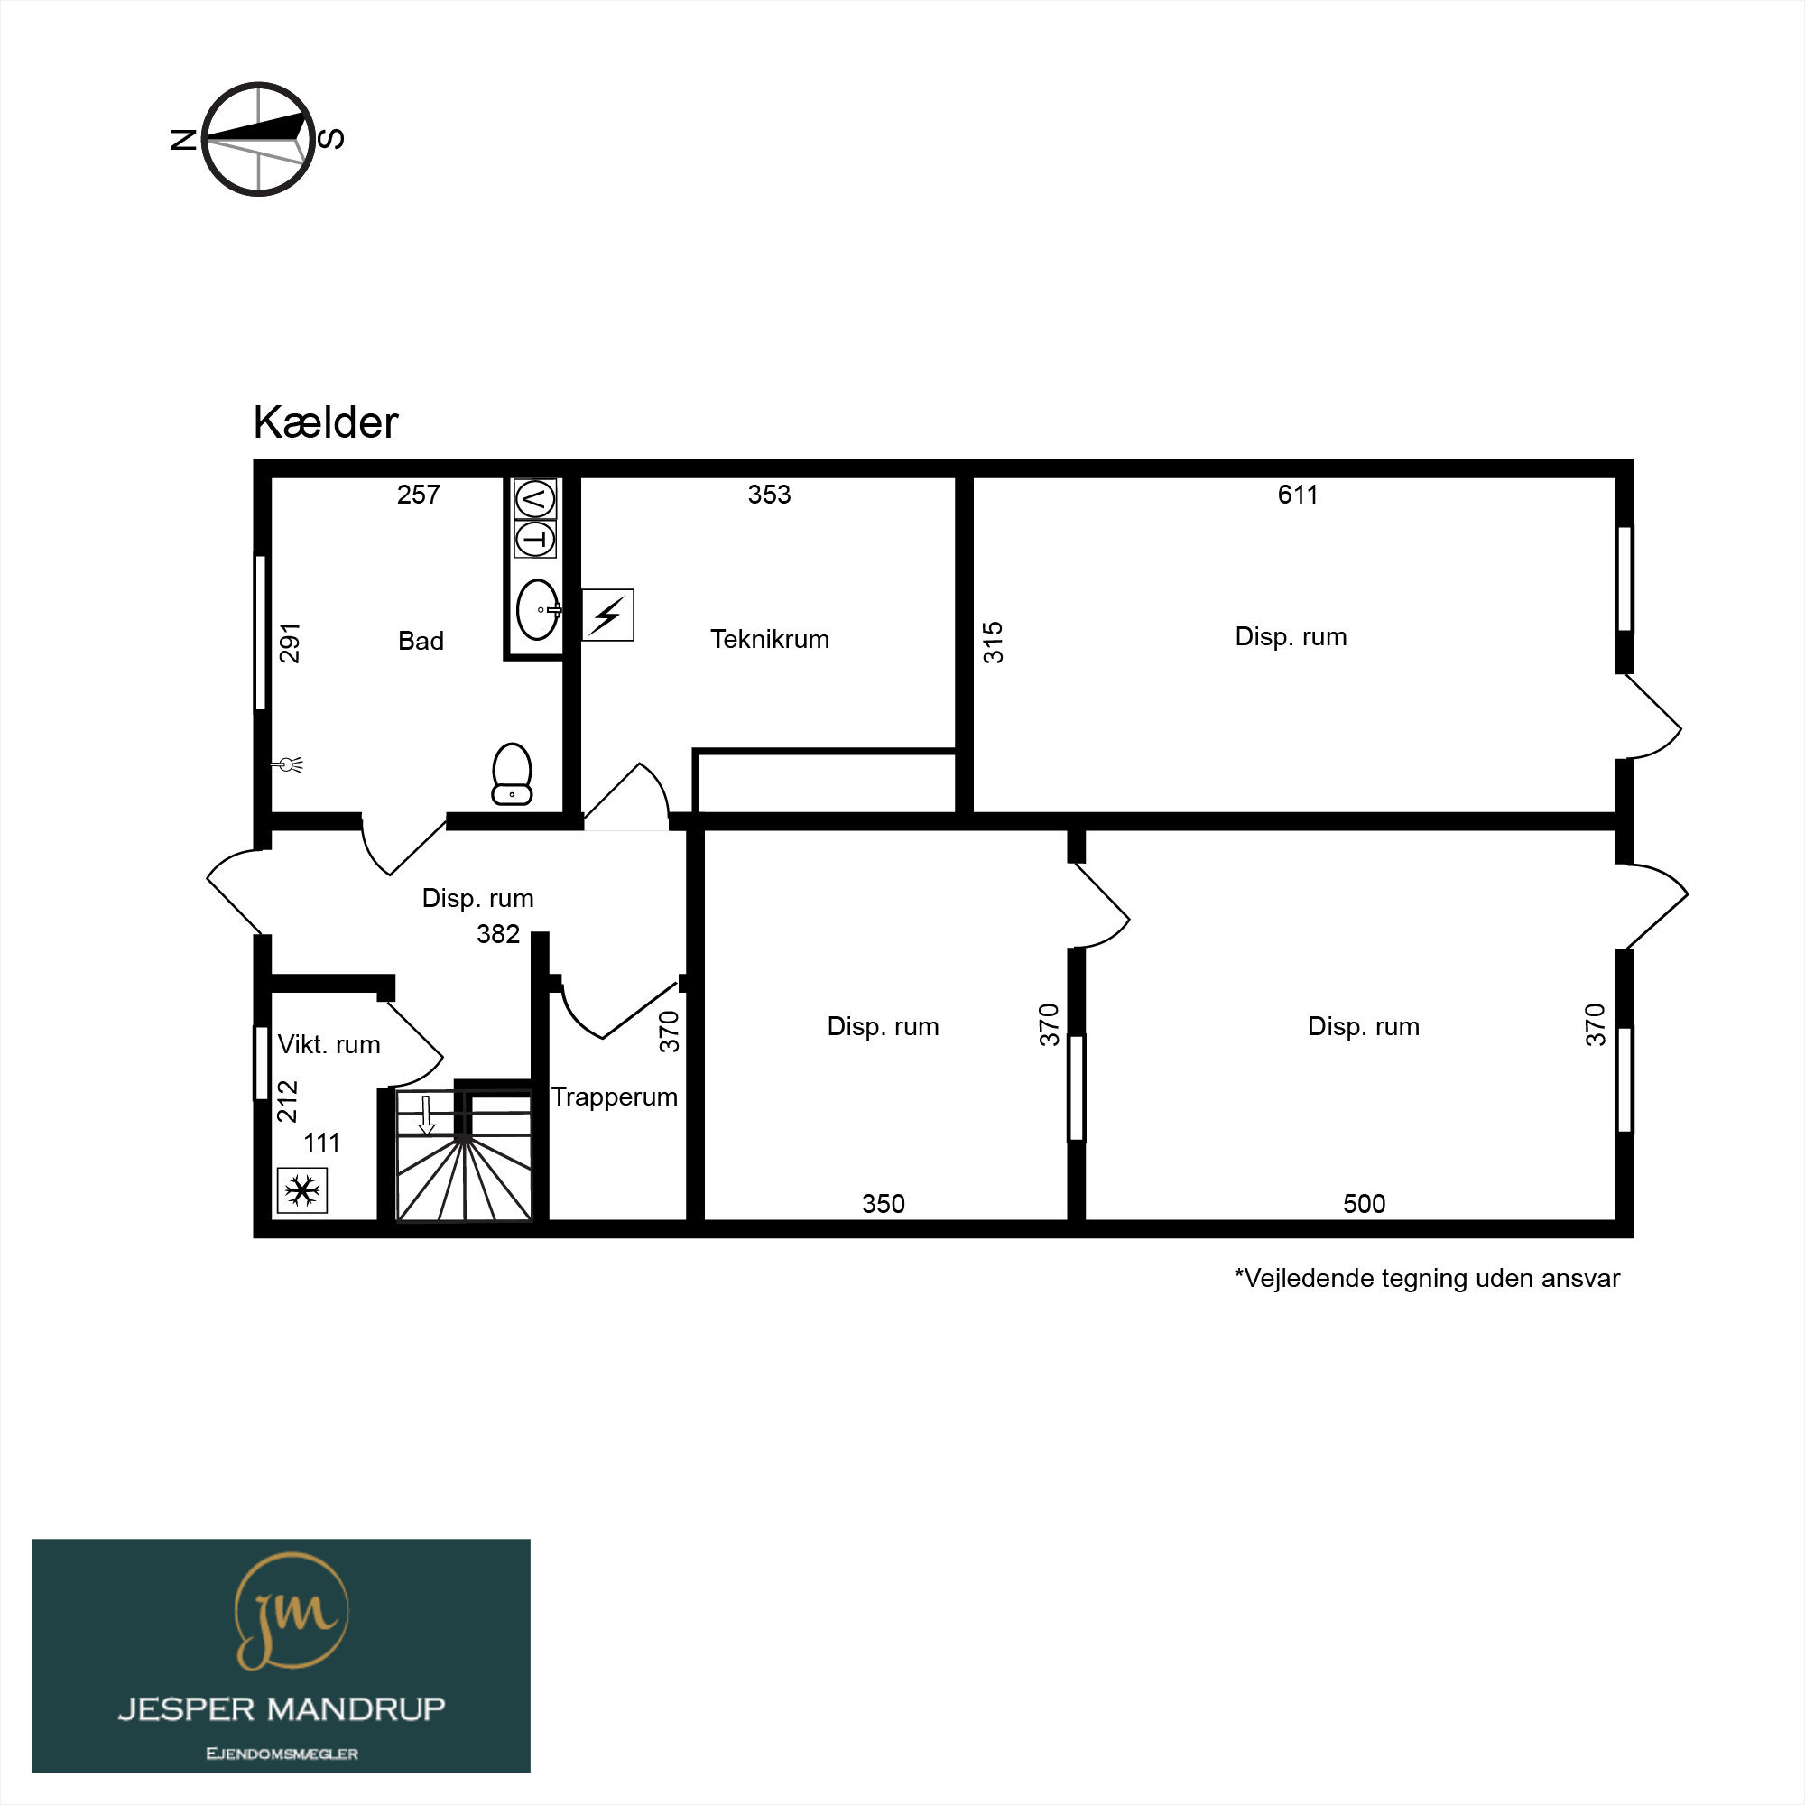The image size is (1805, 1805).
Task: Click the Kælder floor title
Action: point(325,422)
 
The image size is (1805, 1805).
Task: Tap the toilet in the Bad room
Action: point(512,773)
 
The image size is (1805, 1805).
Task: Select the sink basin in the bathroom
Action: point(538,610)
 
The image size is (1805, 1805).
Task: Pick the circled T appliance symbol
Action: point(535,539)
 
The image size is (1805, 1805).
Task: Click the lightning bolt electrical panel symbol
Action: point(608,615)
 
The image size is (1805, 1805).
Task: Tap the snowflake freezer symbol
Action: point(301,1191)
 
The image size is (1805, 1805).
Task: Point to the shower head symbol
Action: point(289,765)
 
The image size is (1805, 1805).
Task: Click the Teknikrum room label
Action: point(770,639)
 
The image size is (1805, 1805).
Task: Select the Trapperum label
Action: point(614,1097)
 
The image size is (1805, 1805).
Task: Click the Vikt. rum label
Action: point(329,1044)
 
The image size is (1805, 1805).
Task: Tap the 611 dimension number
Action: point(1298,495)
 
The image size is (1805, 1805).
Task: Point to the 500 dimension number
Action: point(1364,1203)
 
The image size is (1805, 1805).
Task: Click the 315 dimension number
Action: point(993,643)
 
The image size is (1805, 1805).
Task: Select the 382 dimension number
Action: point(498,934)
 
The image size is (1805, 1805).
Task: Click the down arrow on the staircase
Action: point(427,1115)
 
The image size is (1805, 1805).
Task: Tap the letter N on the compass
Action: point(183,139)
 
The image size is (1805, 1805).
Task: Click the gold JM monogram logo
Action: point(291,1612)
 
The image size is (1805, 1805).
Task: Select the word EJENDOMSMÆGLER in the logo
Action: point(282,1754)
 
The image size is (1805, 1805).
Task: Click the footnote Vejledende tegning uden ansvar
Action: point(1427,1279)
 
